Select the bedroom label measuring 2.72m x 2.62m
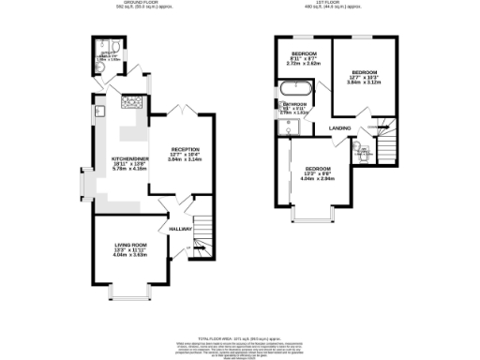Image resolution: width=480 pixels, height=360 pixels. [305, 54]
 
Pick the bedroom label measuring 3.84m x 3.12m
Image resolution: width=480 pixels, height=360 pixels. [365, 73]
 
